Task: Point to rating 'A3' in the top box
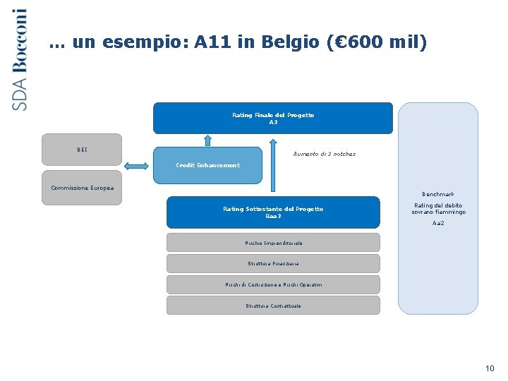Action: pos(273,122)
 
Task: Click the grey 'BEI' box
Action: pos(82,149)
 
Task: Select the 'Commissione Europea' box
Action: pos(82,188)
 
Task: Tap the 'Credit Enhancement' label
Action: pos(207,165)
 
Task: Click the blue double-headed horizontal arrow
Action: pos(138,165)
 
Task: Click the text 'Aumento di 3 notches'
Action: pos(324,154)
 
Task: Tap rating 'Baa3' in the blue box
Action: pos(273,216)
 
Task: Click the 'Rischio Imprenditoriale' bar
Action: pos(273,243)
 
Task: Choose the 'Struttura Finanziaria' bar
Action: pos(273,263)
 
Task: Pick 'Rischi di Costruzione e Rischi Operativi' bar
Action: pos(273,284)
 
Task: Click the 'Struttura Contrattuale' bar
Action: pos(273,306)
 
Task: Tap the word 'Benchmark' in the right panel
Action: pos(438,194)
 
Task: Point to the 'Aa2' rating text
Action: pos(438,223)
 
